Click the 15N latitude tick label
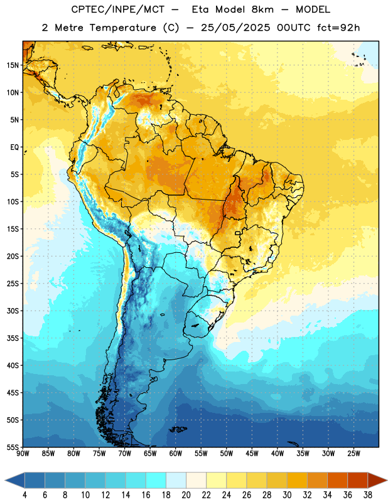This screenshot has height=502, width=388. pos(13,65)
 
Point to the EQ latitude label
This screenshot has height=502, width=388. pos(14,147)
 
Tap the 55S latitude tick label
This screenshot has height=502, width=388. pos(13,447)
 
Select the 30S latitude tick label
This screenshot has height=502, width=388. pos(13,311)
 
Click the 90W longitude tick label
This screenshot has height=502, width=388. pos(23,454)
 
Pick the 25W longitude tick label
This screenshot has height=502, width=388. pos(353,454)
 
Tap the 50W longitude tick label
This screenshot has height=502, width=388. pos(227,454)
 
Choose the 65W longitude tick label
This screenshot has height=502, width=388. pos(150,454)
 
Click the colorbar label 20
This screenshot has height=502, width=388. pos(186,495)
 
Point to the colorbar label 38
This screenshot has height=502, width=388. pos(368,495)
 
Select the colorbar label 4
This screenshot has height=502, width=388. pos(25,495)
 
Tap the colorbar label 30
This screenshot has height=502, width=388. pos(287,495)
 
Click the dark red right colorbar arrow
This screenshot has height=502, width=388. pos(377,480)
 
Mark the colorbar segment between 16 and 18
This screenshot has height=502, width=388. pos(156,480)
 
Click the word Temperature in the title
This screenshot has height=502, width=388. pos(122,28)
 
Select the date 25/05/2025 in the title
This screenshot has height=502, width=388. pos(235,28)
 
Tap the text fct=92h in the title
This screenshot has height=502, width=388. pos(338,28)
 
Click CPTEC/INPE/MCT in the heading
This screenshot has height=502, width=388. pos(117,9)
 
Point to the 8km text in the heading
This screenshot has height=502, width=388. pos(262,9)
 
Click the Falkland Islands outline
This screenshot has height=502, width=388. pos(178,429)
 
